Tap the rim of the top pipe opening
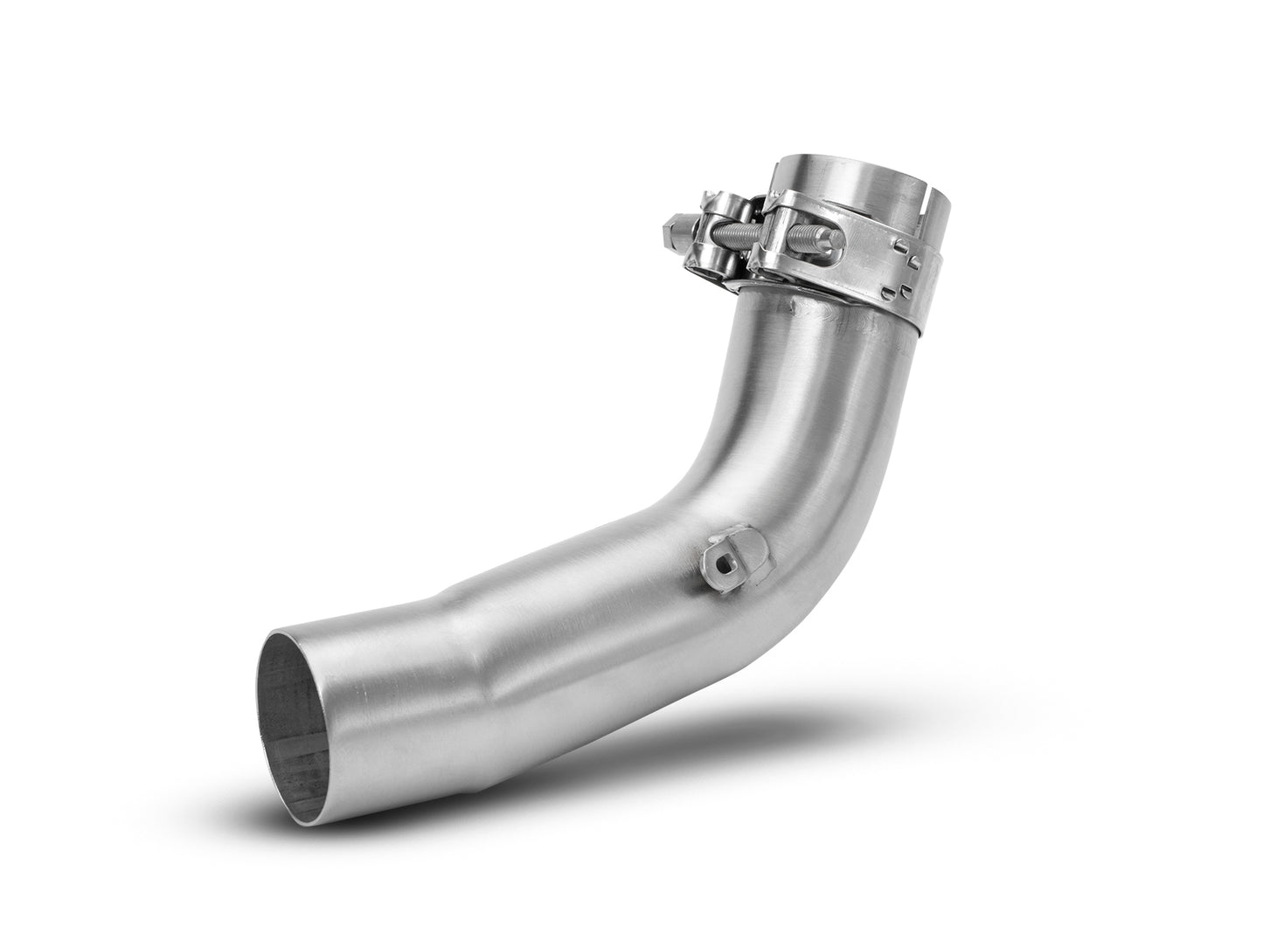pos(839,162)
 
